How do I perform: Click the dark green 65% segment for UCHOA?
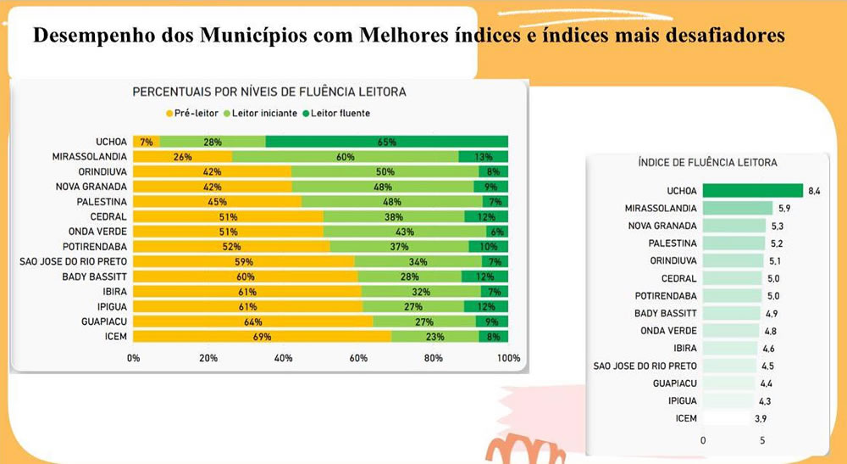point(387,142)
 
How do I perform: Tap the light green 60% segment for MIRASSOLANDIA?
point(345,157)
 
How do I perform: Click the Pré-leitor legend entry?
point(192,113)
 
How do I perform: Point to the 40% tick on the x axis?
point(283,358)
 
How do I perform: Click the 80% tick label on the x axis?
point(434,358)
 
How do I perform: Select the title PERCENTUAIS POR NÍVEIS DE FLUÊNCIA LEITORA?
point(268,92)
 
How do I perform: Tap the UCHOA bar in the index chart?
point(753,191)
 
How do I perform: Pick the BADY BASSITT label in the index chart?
point(667,313)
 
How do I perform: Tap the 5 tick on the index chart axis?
point(762,440)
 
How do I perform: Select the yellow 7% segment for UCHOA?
point(146,142)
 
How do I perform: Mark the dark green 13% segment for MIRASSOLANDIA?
point(484,157)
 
